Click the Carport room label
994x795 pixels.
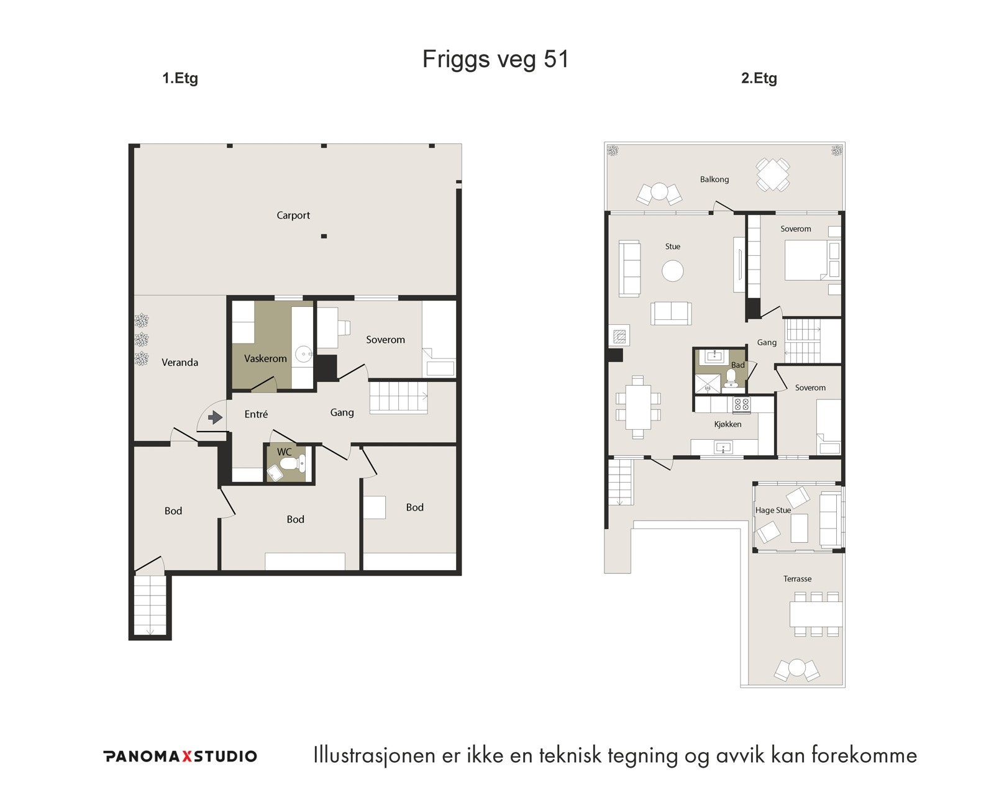coord(293,216)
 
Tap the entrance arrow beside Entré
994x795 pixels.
coord(215,417)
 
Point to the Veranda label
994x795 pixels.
coord(180,363)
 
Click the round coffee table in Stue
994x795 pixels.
coord(673,271)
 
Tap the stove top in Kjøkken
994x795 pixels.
coord(741,405)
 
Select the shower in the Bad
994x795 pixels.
coord(708,383)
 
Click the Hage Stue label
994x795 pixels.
coord(773,511)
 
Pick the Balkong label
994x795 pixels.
coord(714,179)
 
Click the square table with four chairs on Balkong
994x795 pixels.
coord(773,175)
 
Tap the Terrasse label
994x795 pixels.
coord(797,579)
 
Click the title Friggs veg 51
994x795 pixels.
coord(495,59)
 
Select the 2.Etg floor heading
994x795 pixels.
coord(759,78)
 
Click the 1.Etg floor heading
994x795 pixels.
coord(180,78)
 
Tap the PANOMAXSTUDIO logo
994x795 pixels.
coord(180,756)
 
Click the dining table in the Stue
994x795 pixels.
coord(638,406)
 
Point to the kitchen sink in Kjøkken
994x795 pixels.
coord(723,447)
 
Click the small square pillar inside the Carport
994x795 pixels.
coord(324,237)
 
